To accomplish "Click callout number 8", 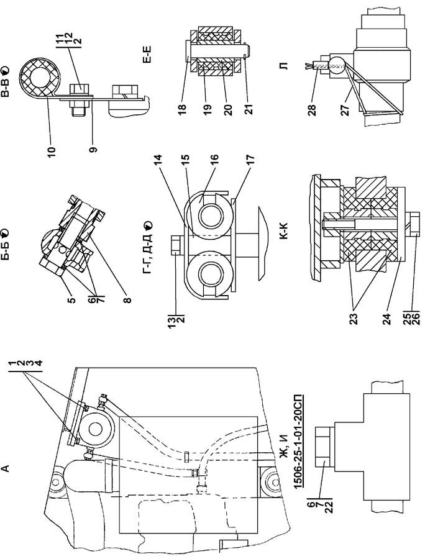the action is [x=127, y=299].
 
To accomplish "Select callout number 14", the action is [x=158, y=158].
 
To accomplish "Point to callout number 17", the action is [x=250, y=158].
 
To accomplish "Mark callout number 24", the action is [x=387, y=319].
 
